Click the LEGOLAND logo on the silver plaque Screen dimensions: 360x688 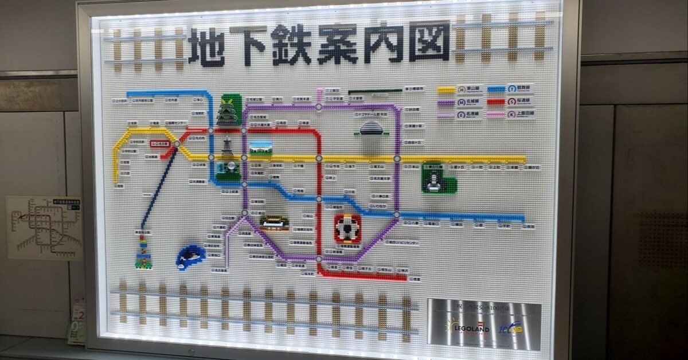tap(471, 328)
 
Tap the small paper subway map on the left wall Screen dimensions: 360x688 tap(44, 227)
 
